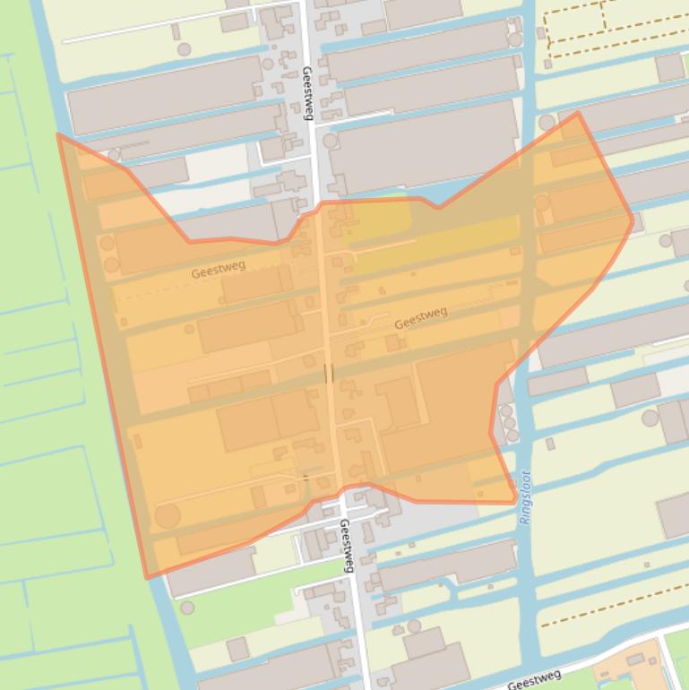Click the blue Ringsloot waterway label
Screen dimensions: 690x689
tap(526, 497)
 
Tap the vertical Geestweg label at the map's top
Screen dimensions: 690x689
tap(307, 92)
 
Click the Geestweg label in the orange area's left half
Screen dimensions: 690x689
tap(219, 269)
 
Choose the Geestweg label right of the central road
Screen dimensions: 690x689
tap(420, 317)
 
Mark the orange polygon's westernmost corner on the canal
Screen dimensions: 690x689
tap(59, 135)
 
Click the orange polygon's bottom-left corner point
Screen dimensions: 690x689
tap(147, 578)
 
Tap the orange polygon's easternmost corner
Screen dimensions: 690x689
tap(633, 218)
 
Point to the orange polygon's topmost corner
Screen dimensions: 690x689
tap(578, 113)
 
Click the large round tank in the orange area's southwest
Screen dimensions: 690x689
tap(168, 515)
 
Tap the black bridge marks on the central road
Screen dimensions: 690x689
tap(330, 373)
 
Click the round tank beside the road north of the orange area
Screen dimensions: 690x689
tap(331, 141)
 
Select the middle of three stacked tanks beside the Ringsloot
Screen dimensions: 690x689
tap(508, 422)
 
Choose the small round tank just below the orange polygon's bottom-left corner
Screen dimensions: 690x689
tap(187, 608)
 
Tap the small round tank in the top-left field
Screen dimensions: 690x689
tap(184, 49)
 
